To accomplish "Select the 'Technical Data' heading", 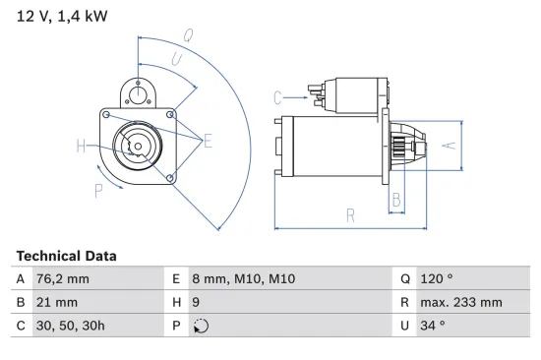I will point(66,256).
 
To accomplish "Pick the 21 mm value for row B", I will point(54,303).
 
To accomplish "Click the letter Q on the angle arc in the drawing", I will point(188,34).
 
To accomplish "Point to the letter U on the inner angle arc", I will point(176,61).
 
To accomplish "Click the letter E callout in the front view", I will point(208,142).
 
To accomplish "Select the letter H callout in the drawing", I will point(82,148).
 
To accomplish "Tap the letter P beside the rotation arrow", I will point(98,190).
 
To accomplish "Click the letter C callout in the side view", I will point(278,96).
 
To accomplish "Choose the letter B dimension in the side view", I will point(395,200).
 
